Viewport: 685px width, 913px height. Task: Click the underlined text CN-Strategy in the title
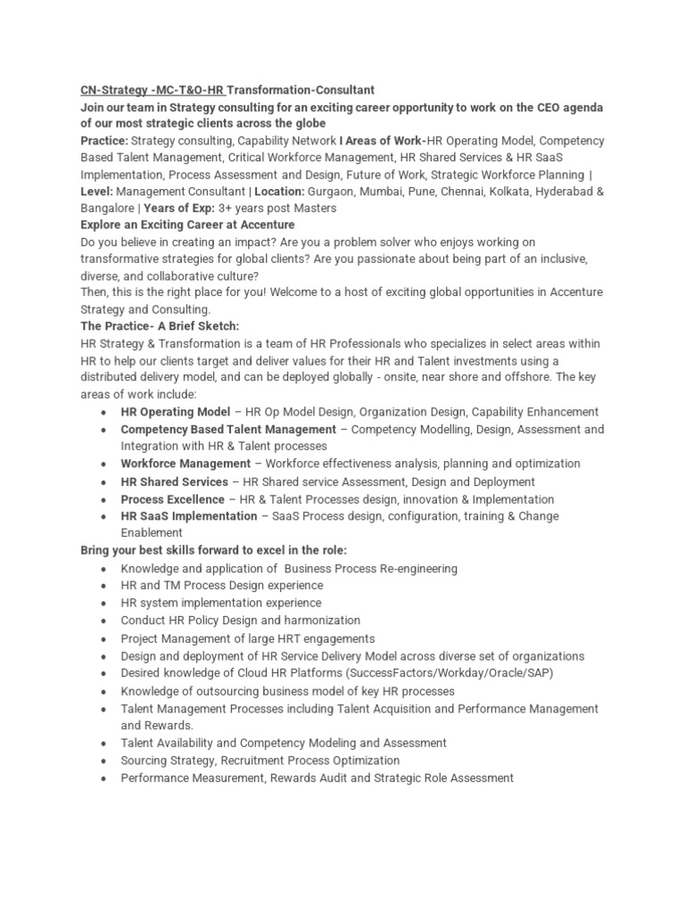111,90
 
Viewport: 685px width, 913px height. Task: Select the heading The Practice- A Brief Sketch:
160,326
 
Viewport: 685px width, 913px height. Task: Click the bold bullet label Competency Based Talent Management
228,430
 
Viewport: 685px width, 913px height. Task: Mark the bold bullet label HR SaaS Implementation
188,516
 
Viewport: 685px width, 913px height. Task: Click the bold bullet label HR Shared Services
175,482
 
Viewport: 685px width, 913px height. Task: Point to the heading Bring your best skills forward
213,550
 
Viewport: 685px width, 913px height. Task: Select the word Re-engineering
414,568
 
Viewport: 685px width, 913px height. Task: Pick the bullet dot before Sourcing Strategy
105,761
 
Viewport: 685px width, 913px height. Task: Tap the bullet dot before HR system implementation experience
105,603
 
